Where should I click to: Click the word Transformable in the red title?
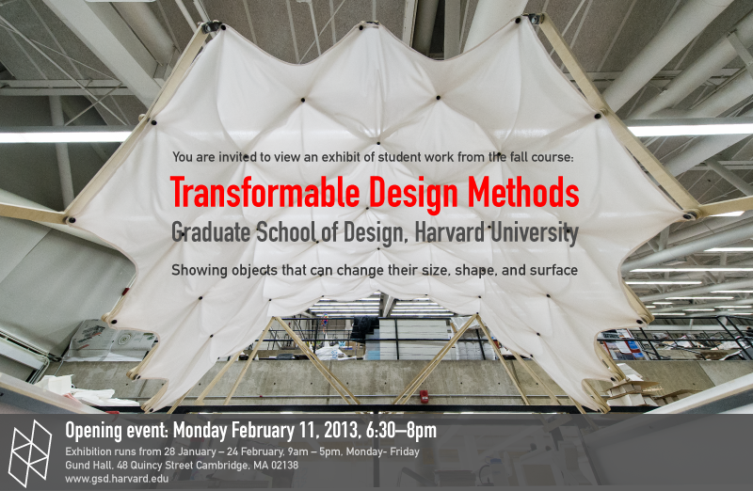(x=264, y=193)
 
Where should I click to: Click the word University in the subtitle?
(x=534, y=233)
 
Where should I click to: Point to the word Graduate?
(x=211, y=232)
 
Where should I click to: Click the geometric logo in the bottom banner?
(x=30, y=453)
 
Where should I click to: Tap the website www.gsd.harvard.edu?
(x=117, y=479)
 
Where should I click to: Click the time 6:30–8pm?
(x=401, y=431)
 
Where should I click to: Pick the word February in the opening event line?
(x=264, y=431)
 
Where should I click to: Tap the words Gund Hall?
(x=88, y=465)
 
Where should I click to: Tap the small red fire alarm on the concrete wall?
(x=425, y=396)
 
